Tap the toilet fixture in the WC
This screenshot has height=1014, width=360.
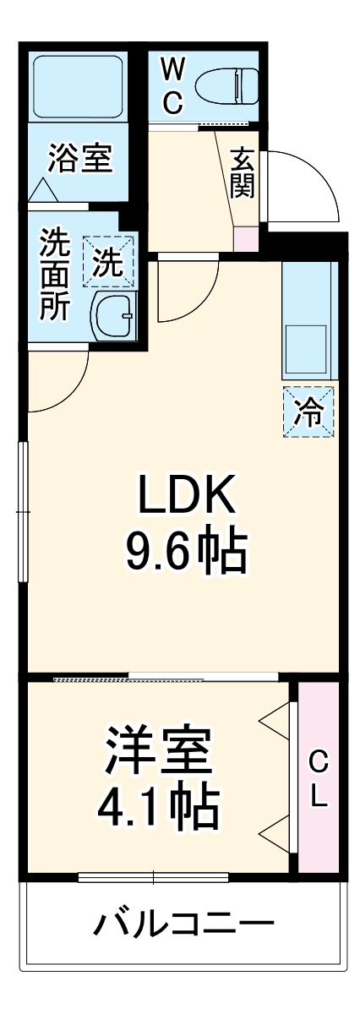click(x=226, y=84)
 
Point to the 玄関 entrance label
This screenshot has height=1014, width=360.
click(x=243, y=172)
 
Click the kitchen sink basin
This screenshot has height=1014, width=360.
click(x=307, y=346)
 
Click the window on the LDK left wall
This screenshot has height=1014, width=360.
click(x=23, y=511)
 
